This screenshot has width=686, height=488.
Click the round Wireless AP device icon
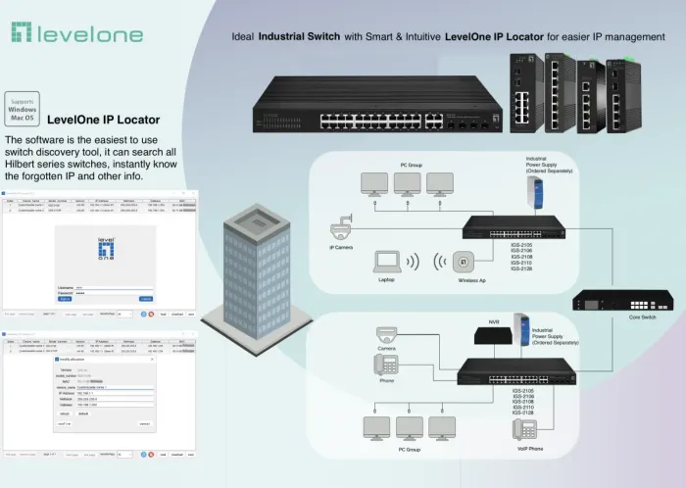(x=465, y=263)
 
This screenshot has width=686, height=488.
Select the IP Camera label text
(x=342, y=249)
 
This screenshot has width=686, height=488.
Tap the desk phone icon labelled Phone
(x=386, y=365)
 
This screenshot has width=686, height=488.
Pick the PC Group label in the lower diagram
(x=408, y=449)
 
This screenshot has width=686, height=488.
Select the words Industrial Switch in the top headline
(x=299, y=38)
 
